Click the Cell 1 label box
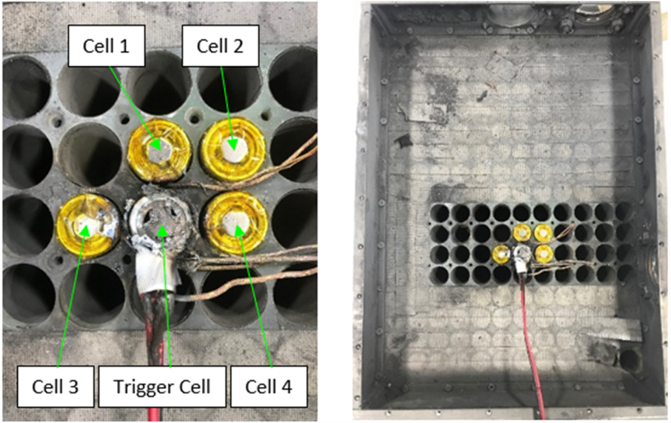point(106,46)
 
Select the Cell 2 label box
point(220,46)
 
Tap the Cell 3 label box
point(55,386)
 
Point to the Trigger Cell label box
point(162,386)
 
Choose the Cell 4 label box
point(268,386)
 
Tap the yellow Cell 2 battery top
point(233,147)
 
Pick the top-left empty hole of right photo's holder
point(440,213)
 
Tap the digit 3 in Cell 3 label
point(72,387)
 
